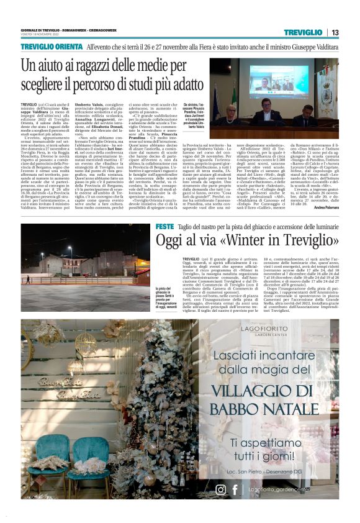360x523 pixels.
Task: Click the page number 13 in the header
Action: pyautogui.click(x=335, y=32)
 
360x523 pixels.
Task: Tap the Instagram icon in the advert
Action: pyautogui.click(x=220, y=489)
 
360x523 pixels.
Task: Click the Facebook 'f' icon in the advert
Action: pyautogui.click(x=235, y=489)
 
